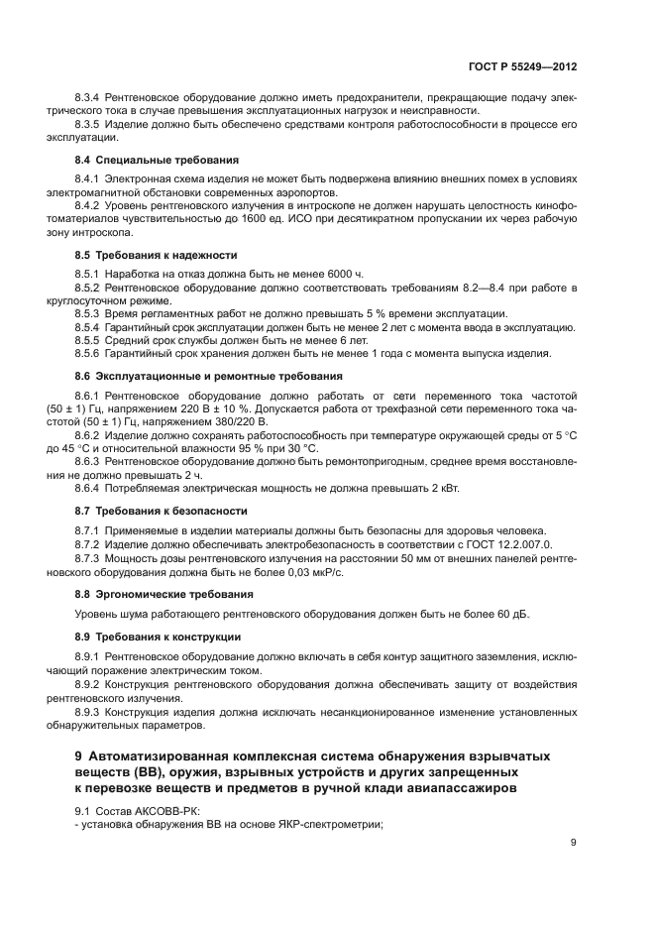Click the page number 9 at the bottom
pos(574,844)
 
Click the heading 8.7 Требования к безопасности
pos(162,511)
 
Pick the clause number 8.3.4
pos(92,98)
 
